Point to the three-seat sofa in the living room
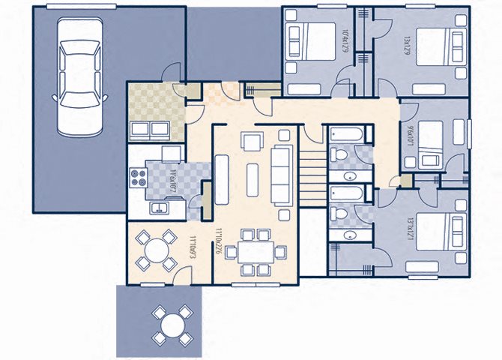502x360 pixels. coord(282,175)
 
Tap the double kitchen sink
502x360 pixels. coord(159,208)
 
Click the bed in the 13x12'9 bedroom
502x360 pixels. coord(436,48)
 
